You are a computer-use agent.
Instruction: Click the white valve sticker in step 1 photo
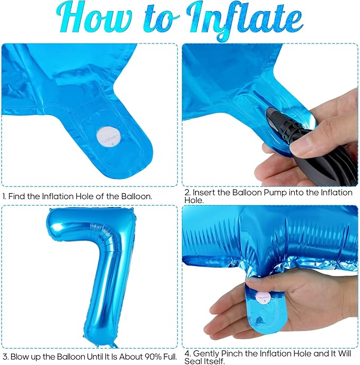pyautogui.click(x=109, y=138)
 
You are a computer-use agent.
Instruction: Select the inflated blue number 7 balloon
pyautogui.click(x=93, y=277)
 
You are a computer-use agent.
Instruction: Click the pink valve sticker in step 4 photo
pyautogui.click(x=264, y=298)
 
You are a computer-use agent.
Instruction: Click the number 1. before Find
pyautogui.click(x=4, y=197)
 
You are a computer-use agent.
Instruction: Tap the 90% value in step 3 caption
pyautogui.click(x=153, y=357)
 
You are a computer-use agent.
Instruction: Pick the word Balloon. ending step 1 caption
pyautogui.click(x=137, y=197)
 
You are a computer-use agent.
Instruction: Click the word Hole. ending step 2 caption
pyautogui.click(x=194, y=200)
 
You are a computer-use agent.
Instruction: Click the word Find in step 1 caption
pyautogui.click(x=17, y=197)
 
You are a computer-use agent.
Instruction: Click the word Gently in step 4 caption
pyautogui.click(x=207, y=354)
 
